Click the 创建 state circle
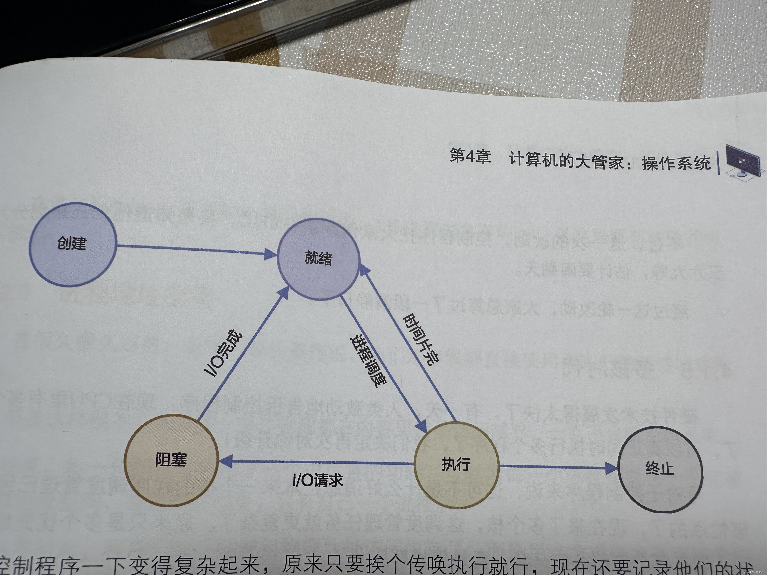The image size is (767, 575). [72, 244]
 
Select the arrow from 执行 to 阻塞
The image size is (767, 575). [319, 462]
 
